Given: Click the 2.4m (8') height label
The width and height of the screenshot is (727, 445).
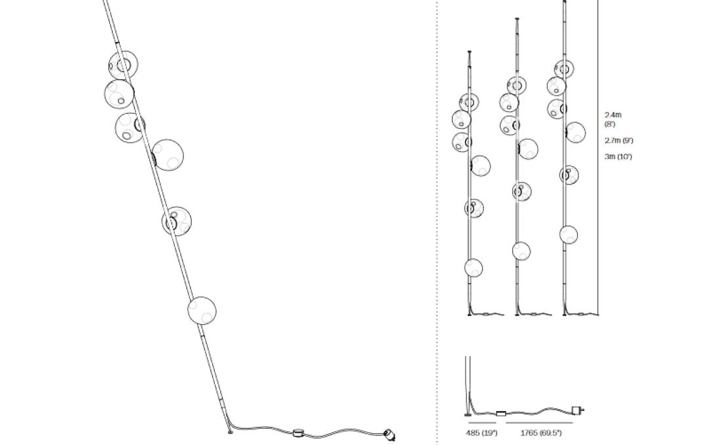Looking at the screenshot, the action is click(x=613, y=119).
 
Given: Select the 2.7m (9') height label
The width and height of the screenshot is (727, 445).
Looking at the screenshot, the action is click(x=618, y=140).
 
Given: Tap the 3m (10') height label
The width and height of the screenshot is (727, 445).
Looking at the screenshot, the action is click(x=618, y=156).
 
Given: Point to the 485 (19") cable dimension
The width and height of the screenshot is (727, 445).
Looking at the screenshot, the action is click(x=481, y=433).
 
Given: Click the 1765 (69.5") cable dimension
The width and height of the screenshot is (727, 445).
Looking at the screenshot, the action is click(x=541, y=433).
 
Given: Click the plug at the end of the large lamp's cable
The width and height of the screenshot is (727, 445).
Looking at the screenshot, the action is click(x=390, y=434).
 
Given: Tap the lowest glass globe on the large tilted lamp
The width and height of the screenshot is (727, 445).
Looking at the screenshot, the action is click(x=202, y=310).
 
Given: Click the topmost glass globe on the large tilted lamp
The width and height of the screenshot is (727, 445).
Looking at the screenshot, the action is click(x=123, y=65).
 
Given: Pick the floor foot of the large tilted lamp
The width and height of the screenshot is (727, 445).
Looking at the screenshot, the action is click(x=229, y=432).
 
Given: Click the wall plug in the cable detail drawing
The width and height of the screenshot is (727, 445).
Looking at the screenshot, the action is click(x=578, y=410).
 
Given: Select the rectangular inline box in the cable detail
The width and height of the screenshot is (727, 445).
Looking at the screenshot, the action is click(x=501, y=414).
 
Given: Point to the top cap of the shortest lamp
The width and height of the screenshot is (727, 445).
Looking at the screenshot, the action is click(x=469, y=52).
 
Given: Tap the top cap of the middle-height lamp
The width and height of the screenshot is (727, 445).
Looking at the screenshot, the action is click(x=517, y=19).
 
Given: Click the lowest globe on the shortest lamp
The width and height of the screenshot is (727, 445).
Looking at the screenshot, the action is click(x=474, y=268).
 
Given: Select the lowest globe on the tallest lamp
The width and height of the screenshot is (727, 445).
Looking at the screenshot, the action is click(x=569, y=235).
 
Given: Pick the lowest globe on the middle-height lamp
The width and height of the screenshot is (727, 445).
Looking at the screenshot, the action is click(x=521, y=251).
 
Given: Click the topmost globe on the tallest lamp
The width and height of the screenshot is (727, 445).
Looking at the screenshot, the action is click(x=564, y=69).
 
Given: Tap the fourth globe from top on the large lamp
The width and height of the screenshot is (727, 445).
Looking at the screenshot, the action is click(x=168, y=155).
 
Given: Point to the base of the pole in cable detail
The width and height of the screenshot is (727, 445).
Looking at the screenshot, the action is click(x=468, y=414).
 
